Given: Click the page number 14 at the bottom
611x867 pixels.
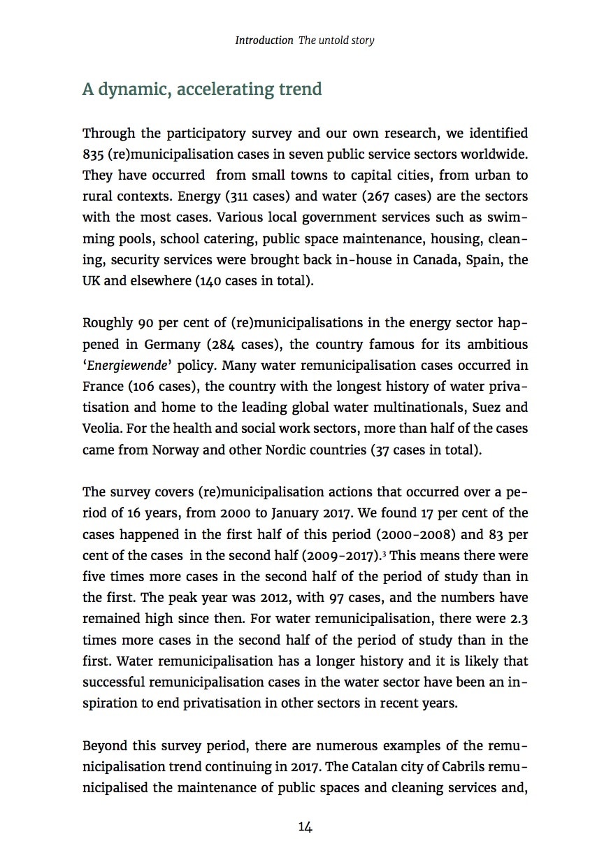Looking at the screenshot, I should tap(305, 826).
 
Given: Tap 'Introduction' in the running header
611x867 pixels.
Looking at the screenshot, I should tap(264, 41).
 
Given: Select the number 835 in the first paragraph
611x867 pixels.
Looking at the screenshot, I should tap(94, 154).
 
